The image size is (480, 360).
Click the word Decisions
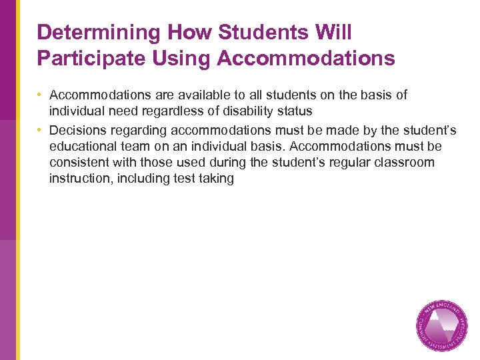(x=78, y=130)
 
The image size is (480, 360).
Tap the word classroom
(x=406, y=163)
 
